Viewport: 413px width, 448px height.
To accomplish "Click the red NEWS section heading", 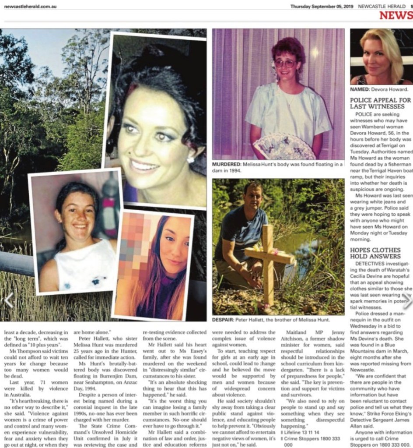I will click(395, 16).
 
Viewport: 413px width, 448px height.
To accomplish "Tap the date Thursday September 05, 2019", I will click(322, 6).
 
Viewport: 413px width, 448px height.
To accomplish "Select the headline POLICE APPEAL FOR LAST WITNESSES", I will click(380, 103).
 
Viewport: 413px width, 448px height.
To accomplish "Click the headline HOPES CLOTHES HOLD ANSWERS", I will click(375, 253).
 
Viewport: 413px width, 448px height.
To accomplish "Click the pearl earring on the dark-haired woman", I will click(191, 160).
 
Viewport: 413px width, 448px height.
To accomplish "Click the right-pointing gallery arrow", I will click(407, 301).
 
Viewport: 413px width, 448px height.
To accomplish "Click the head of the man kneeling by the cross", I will click(253, 197).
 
